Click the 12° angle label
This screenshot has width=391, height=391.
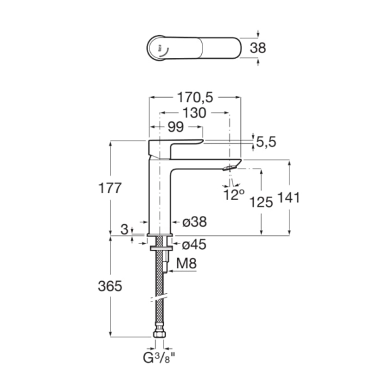click(x=234, y=194)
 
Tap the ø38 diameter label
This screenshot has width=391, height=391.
click(x=194, y=222)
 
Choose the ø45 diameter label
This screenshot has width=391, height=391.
click(x=194, y=245)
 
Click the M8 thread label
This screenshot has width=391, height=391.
click(x=186, y=262)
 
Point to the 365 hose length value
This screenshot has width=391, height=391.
click(x=110, y=287)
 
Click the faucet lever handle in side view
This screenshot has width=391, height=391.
click(x=175, y=144)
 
